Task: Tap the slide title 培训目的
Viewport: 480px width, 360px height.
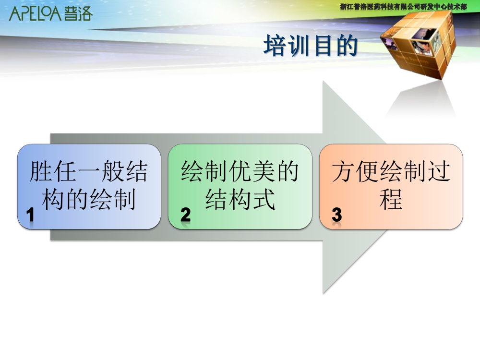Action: [x=311, y=45]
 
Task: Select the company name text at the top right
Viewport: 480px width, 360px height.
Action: [x=404, y=6]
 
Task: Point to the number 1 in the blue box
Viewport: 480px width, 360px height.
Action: [x=30, y=215]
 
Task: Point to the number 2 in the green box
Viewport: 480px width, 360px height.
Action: [x=185, y=215]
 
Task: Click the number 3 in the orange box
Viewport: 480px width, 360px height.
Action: [x=337, y=215]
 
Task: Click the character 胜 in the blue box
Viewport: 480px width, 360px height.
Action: [x=41, y=171]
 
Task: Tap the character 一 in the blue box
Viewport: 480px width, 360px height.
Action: [x=89, y=171]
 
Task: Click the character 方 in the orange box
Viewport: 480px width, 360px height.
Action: [x=344, y=171]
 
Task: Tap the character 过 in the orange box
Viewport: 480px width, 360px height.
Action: [x=439, y=171]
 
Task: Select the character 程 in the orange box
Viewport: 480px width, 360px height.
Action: [x=391, y=199]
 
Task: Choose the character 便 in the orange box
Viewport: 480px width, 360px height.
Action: [x=367, y=171]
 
